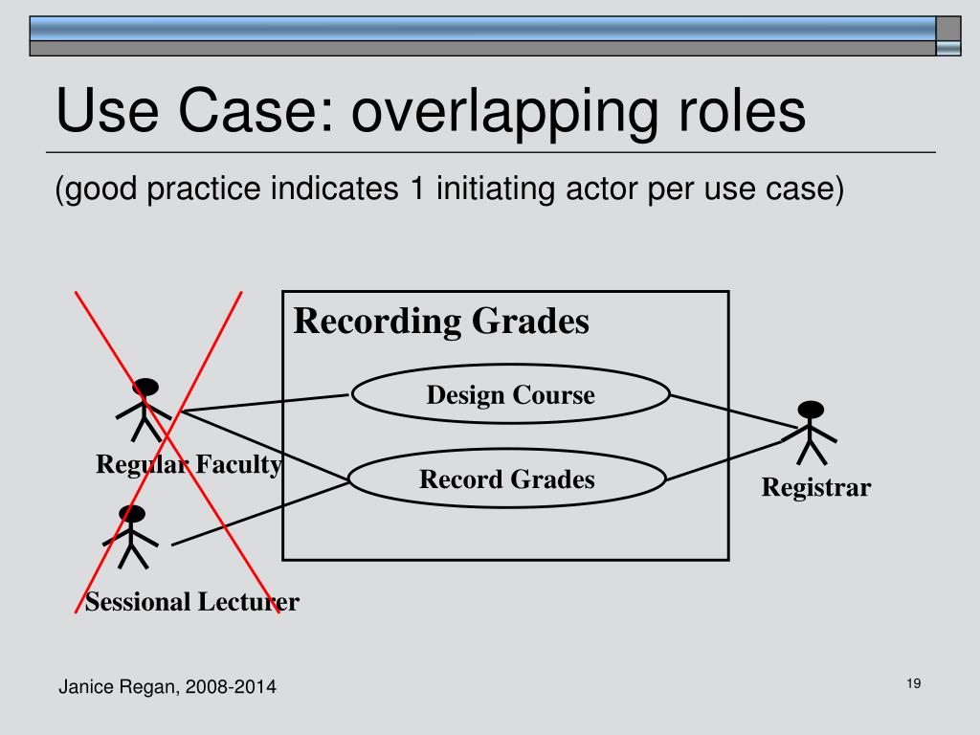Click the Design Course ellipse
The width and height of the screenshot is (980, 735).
[510, 394]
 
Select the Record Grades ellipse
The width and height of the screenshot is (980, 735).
[506, 479]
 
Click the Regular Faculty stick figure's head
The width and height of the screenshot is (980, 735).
[145, 389]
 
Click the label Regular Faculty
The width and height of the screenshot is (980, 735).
[189, 466]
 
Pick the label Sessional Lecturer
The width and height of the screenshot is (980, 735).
[192, 602]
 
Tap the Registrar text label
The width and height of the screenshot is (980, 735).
[816, 488]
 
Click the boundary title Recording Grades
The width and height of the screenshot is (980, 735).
[441, 322]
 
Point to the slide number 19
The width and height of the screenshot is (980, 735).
[912, 683]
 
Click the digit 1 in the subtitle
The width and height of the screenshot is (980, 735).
[416, 189]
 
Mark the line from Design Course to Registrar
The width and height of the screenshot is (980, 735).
[732, 412]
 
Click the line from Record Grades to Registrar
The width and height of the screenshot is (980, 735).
[727, 457]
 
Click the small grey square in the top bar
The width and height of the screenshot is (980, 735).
[947, 28]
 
